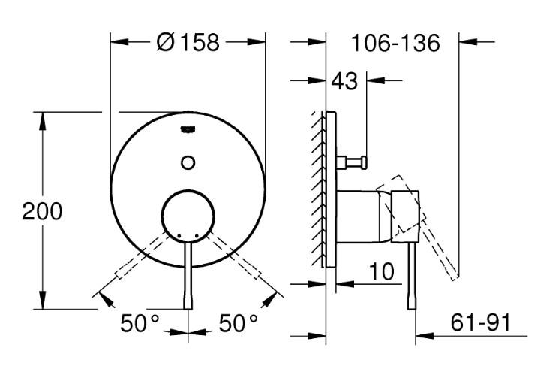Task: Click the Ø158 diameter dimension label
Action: click(188, 43)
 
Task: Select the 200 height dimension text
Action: click(42, 211)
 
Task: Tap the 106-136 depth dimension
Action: click(395, 43)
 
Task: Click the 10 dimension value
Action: click(382, 271)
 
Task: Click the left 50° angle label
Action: click(140, 324)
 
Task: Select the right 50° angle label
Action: click(238, 324)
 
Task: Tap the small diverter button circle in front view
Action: click(188, 161)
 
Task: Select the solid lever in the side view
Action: click(411, 278)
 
